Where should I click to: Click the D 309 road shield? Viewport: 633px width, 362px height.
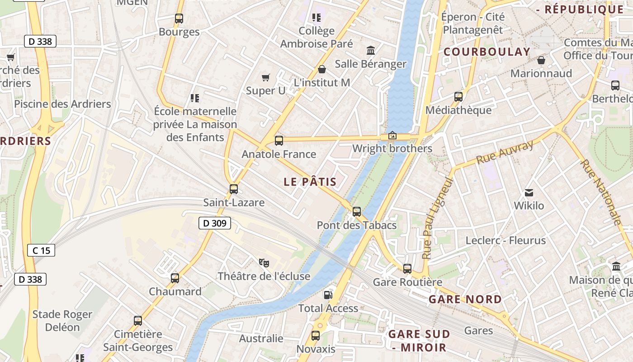pos(215,223)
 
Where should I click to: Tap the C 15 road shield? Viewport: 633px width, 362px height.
pos(41,250)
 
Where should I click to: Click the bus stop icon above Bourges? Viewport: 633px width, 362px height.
pos(179,19)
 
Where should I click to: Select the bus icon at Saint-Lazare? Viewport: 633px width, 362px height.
pos(234,189)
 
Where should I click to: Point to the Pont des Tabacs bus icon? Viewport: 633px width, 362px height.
pos(357,211)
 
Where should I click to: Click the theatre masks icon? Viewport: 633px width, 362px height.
pos(264,262)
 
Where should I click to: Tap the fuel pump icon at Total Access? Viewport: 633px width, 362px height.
pos(328,295)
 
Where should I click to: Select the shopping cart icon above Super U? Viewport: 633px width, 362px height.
pos(266,78)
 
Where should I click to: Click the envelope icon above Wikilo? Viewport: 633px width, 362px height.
pos(529,193)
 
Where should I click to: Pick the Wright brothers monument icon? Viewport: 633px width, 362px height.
pos(392,135)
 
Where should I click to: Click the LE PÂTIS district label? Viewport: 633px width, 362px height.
pos(310,182)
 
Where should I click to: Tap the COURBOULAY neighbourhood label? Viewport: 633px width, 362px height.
pos(487,52)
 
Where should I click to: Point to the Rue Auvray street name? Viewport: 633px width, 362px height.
pos(505,152)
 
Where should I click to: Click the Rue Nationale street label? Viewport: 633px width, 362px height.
pos(601,192)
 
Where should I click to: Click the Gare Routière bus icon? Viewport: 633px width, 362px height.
pos(407,269)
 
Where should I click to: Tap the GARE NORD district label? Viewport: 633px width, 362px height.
pos(465,299)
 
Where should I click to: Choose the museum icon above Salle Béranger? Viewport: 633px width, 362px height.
pos(371,50)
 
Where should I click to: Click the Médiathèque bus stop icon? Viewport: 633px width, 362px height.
pos(458,97)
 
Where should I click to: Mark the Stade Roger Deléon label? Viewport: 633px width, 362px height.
pos(62,320)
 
